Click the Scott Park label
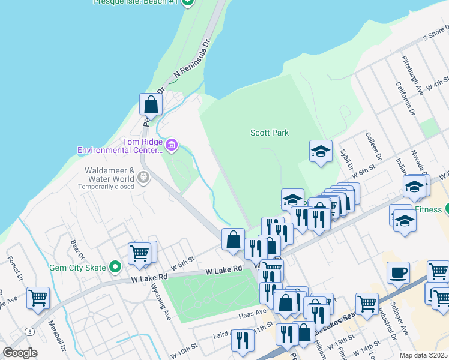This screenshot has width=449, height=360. [x=269, y=133]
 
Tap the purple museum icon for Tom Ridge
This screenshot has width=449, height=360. [x=172, y=144]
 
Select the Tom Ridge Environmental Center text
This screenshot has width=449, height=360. [x=120, y=146]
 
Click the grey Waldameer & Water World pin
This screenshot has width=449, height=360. [x=143, y=176]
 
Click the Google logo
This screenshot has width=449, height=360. [x=20, y=352]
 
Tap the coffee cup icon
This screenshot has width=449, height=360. [x=398, y=273]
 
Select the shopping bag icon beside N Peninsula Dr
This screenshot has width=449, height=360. [x=151, y=104]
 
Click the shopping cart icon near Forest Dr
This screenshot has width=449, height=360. [x=38, y=297]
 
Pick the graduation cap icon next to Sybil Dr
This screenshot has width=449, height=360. [x=321, y=151]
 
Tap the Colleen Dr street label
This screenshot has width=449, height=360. [x=372, y=145]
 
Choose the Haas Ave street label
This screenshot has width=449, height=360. [x=252, y=313]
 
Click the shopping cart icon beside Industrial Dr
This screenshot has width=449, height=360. [x=366, y=304]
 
